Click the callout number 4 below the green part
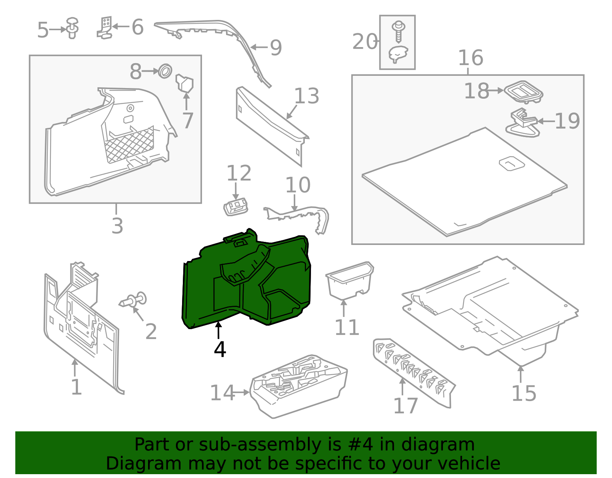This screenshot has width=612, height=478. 220,349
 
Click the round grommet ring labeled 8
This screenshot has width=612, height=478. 165,71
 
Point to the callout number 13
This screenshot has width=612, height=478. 306,96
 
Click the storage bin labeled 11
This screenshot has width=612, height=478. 349,281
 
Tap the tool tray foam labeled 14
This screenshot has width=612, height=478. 298,387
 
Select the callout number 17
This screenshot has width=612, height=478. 405,406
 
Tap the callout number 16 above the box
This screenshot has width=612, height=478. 470,58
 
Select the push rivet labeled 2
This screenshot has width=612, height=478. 134,300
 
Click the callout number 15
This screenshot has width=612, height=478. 524,393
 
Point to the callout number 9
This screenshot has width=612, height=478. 276,48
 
